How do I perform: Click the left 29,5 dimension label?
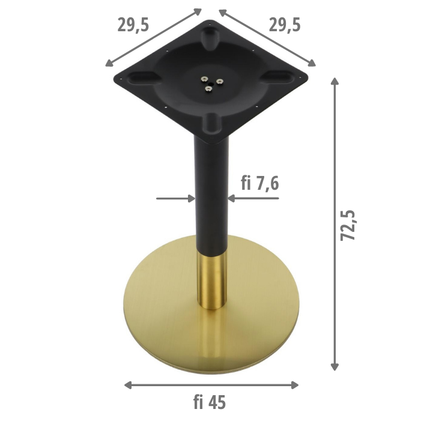133,25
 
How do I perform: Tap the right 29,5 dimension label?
285,25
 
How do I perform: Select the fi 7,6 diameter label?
259,183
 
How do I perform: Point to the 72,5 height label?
348,225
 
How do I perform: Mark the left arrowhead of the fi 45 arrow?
127,385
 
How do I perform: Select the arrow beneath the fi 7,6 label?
252,198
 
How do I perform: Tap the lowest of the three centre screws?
208,89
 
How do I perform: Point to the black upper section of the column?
210,192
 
